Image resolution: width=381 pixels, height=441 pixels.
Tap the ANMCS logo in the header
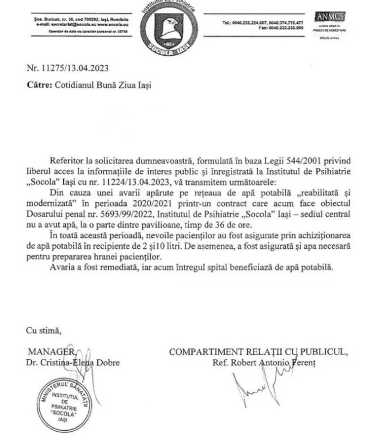pyautogui.click(x=330, y=17)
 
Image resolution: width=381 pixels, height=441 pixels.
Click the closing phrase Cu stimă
pyautogui.click(x=44, y=329)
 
